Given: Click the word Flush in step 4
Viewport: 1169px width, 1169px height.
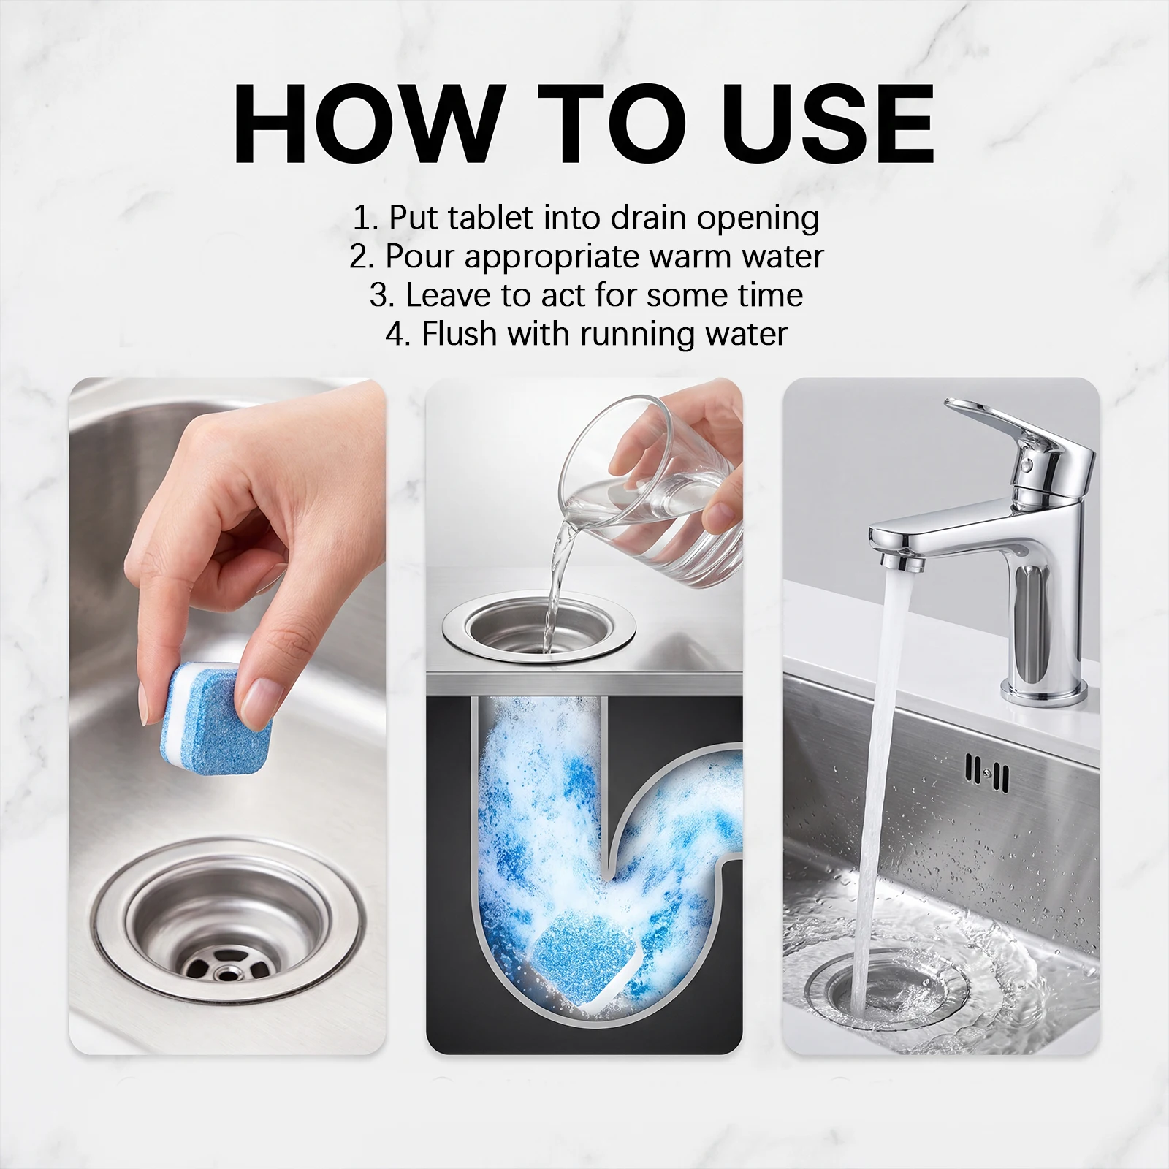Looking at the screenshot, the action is point(460,333).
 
